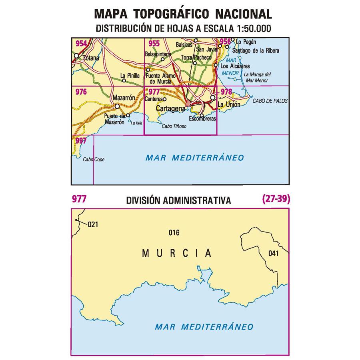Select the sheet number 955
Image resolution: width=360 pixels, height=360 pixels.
pos(154,44)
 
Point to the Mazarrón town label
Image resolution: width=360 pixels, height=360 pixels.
pos(123,97)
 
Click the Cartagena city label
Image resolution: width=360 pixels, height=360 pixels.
pos(171,108)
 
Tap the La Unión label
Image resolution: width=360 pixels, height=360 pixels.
pos(229,104)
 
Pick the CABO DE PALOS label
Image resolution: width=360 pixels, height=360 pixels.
pos(270,101)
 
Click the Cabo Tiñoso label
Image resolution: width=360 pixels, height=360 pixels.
pos(174,126)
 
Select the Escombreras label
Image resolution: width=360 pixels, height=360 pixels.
pos(202,119)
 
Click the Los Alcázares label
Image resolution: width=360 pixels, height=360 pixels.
pos(235,66)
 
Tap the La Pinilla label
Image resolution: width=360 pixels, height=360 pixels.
pos(130,75)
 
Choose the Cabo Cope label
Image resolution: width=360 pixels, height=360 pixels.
pos(94,159)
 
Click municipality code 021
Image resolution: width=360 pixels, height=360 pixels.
pos(92,224)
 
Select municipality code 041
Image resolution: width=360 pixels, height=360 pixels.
pos(273,253)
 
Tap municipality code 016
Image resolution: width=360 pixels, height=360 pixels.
pos(174,233)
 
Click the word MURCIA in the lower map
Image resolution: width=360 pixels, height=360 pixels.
pos(176,253)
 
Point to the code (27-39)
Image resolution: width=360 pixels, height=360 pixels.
pos(276,199)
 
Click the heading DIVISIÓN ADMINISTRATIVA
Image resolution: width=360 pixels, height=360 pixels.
pos(178,200)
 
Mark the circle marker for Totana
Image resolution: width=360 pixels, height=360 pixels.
pos(76,56)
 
